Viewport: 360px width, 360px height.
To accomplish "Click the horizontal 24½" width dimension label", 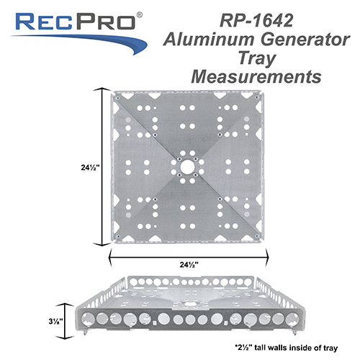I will pyautogui.click(x=189, y=264).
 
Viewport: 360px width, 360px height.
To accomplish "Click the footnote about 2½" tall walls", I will pyautogui.click(x=284, y=347).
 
